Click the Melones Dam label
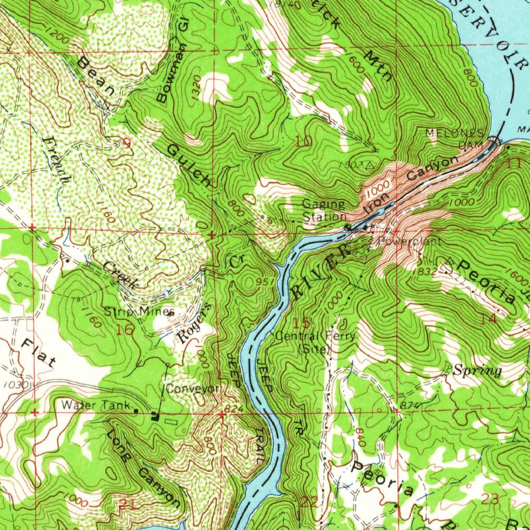pyautogui.click(x=455, y=138)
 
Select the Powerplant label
pyautogui.click(x=409, y=241)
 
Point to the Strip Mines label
pyautogui.click(x=139, y=312)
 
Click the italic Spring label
pyautogui.click(x=477, y=371)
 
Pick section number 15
pyautogui.click(x=302, y=323)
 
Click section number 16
pyautogui.click(x=125, y=330)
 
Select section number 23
pyautogui.click(x=489, y=499)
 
